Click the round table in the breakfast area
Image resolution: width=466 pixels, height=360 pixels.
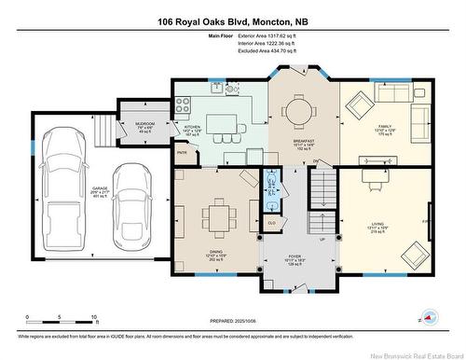point(298,112)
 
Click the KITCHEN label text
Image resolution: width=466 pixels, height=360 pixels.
point(191,127)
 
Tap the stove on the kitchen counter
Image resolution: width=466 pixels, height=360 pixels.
point(229,90)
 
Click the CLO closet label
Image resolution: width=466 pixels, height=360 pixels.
point(271,223)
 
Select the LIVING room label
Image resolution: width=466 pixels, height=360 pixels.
point(377,224)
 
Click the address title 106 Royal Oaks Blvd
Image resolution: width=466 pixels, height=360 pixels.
point(232,21)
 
